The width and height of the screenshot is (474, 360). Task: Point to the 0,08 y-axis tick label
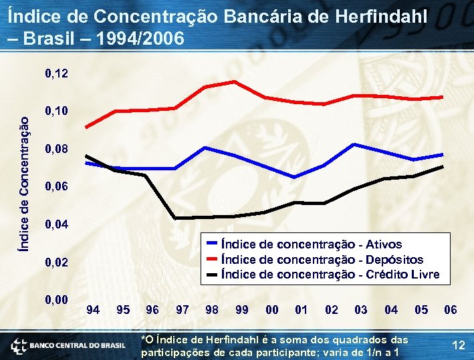pos(57,148)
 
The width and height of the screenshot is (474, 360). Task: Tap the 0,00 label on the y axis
pos(57,300)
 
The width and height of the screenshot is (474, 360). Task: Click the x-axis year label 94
pos(94,310)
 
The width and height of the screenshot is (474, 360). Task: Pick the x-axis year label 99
pos(242,310)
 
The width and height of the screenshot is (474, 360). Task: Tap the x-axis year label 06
pos(451,310)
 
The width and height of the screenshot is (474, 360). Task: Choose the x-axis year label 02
pos(331,310)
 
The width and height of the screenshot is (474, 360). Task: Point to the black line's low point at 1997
pos(175,218)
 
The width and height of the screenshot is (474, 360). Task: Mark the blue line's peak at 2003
pos(354,144)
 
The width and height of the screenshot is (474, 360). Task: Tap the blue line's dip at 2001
pos(294,177)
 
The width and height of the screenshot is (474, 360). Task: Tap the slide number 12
pos(459,345)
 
